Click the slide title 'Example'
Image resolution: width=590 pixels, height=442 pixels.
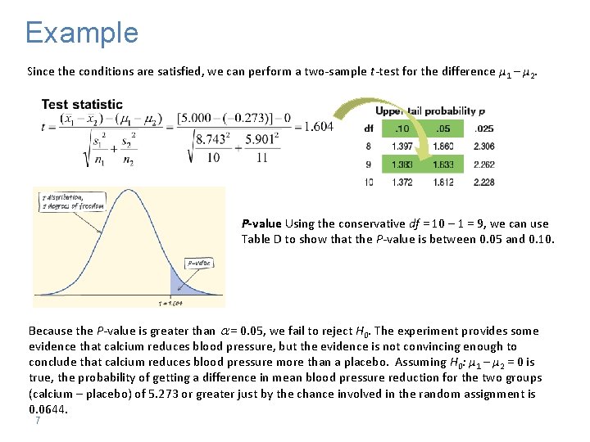point(82,33)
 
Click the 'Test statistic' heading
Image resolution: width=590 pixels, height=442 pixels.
point(82,104)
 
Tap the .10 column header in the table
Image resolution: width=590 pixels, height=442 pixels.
point(403,128)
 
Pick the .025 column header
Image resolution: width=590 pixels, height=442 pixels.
point(484,128)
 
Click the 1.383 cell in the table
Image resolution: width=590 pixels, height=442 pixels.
point(403,164)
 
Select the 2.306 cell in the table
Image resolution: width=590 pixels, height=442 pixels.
point(484,146)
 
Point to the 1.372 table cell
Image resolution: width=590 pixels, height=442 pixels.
point(403,182)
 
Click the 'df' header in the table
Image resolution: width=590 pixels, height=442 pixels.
point(369,128)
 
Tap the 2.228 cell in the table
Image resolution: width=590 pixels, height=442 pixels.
point(484,182)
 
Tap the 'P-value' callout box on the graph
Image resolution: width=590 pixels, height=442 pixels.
point(197,263)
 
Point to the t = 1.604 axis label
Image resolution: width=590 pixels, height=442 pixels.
point(171,303)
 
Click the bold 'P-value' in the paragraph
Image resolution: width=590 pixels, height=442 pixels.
point(261,223)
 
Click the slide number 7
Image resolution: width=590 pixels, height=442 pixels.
point(38,421)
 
